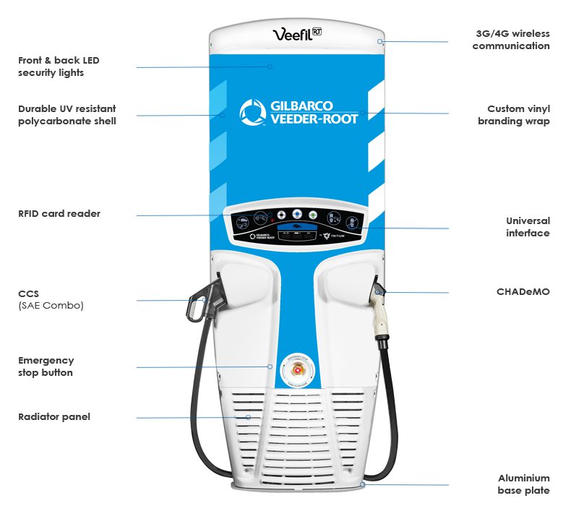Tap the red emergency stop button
(296, 371)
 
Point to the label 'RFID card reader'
(59, 214)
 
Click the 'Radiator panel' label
(54, 417)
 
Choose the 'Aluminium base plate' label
(523, 484)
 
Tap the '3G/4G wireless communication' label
(511, 40)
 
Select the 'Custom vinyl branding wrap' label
(514, 115)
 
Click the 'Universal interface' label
(528, 227)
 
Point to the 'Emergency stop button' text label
(46, 366)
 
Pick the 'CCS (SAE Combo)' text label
(51, 300)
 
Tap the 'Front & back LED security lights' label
(51, 67)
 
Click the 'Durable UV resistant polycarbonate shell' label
(66, 115)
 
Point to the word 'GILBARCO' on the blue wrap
(302, 106)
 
